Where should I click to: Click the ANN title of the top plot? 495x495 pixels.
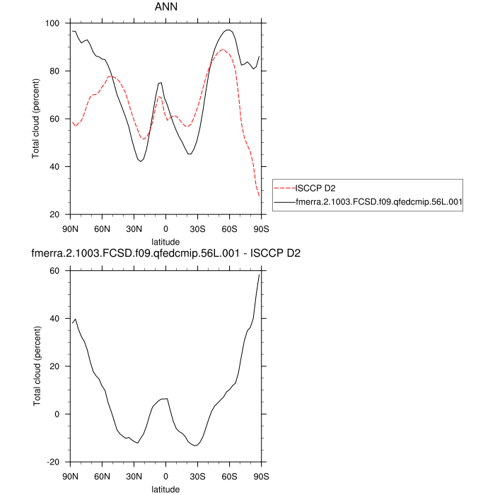(x=166, y=7)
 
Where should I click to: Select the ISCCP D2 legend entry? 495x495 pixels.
(x=315, y=188)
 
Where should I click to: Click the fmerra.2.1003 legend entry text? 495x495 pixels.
(x=378, y=202)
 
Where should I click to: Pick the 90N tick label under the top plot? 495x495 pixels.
(x=71, y=228)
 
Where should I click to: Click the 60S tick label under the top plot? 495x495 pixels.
(x=229, y=228)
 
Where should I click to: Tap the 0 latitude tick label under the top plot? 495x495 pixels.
(x=165, y=228)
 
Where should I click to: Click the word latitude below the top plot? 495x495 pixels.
(x=165, y=241)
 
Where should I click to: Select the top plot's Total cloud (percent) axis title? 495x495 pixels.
(x=35, y=119)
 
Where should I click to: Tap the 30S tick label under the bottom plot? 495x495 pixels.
(x=197, y=475)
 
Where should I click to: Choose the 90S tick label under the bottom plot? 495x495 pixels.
(x=261, y=475)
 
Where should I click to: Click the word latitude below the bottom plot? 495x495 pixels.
(x=165, y=489)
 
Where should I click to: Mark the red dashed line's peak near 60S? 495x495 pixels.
(x=223, y=49)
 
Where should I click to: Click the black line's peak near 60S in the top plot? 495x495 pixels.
(x=227, y=30)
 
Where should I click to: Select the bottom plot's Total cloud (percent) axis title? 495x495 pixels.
(x=35, y=366)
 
